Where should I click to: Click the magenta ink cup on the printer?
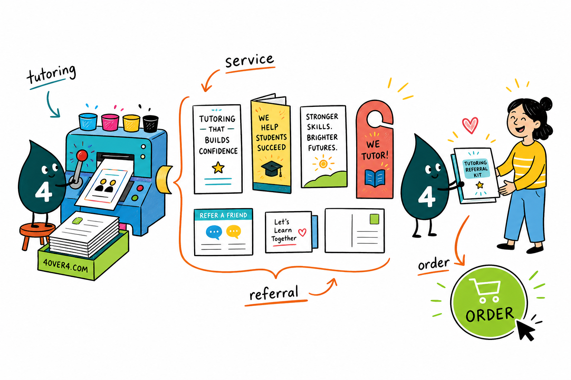(x=110, y=122)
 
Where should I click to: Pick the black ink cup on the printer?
(x=151, y=124)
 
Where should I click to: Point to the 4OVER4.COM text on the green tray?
(x=65, y=266)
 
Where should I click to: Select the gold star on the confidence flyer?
(x=218, y=167)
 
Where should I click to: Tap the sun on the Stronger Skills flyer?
(x=323, y=164)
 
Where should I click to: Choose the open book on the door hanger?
(x=375, y=178)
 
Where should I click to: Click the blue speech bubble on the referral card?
(x=214, y=232)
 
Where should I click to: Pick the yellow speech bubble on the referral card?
(x=233, y=232)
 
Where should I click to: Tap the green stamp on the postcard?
(x=374, y=219)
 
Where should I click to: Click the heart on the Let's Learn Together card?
(x=302, y=232)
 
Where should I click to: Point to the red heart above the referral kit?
(x=470, y=125)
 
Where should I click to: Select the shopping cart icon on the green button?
(x=485, y=290)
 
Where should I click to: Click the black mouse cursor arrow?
(x=525, y=330)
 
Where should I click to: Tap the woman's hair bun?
(x=545, y=104)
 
